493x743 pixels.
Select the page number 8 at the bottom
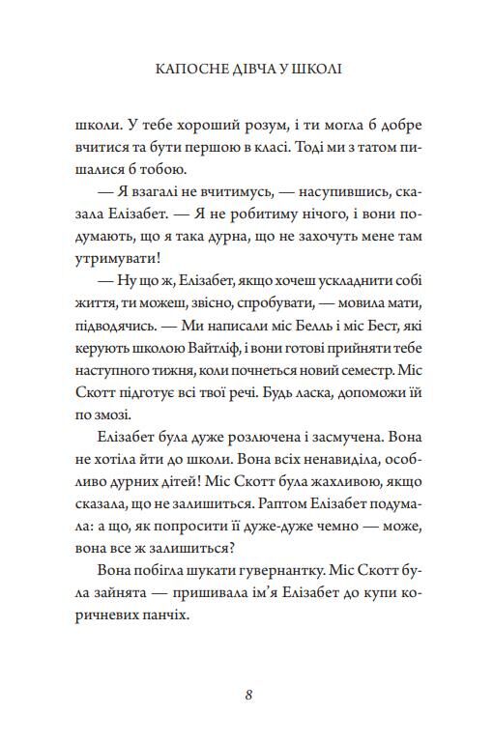pos(247,694)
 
